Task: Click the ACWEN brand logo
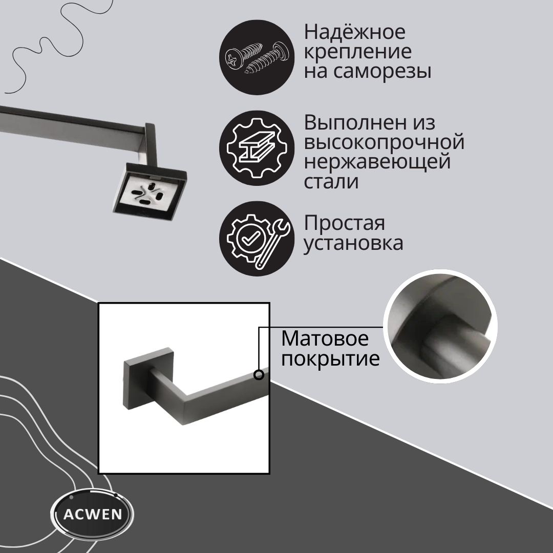pyautogui.click(x=92, y=514)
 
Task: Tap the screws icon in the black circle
pyautogui.click(x=257, y=57)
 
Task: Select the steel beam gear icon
pyautogui.click(x=257, y=148)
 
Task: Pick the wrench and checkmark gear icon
pyautogui.click(x=257, y=239)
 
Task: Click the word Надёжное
pyautogui.click(x=355, y=32)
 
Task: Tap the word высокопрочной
pyautogui.click(x=384, y=142)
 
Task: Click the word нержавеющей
pyautogui.click(x=377, y=162)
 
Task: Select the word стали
pyautogui.click(x=331, y=182)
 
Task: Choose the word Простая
pyautogui.click(x=344, y=223)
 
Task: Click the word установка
pyautogui.click(x=353, y=243)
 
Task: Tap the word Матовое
pyautogui.click(x=325, y=339)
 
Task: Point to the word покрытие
pyautogui.click(x=330, y=359)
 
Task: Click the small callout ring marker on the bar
pyautogui.click(x=259, y=375)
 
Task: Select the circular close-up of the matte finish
pyautogui.click(x=440, y=327)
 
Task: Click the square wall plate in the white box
pyautogui.click(x=148, y=379)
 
